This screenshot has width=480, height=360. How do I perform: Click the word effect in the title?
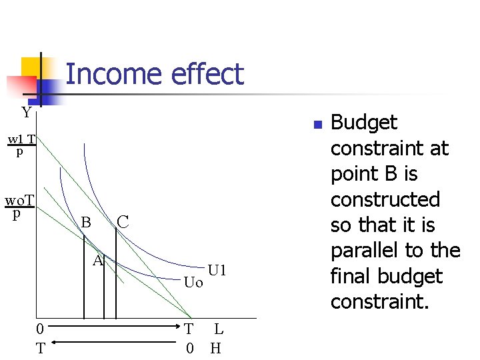pyautogui.click(x=207, y=74)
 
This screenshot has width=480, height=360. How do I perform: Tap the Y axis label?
pyautogui.click(x=26, y=112)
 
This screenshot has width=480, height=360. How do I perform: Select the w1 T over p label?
pyautogui.click(x=21, y=145)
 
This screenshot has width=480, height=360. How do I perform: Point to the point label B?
pyautogui.click(x=85, y=222)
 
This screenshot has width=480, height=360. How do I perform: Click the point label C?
pyautogui.click(x=123, y=221)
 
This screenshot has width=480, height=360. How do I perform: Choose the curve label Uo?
pyautogui.click(x=193, y=283)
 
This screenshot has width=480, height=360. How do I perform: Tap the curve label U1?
pyautogui.click(x=217, y=271)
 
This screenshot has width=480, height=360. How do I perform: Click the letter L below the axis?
pyautogui.click(x=219, y=329)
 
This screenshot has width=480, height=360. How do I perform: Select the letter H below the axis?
pyautogui.click(x=216, y=347)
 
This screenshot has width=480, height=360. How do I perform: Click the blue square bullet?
pyautogui.click(x=318, y=125)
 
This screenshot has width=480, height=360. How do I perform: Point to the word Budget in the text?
pyautogui.click(x=364, y=123)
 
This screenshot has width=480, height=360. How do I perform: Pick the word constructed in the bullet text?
pyautogui.click(x=385, y=199)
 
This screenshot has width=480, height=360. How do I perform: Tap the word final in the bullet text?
pyautogui.click(x=349, y=276)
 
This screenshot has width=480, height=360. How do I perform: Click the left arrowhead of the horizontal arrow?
pyautogui.click(x=54, y=343)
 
